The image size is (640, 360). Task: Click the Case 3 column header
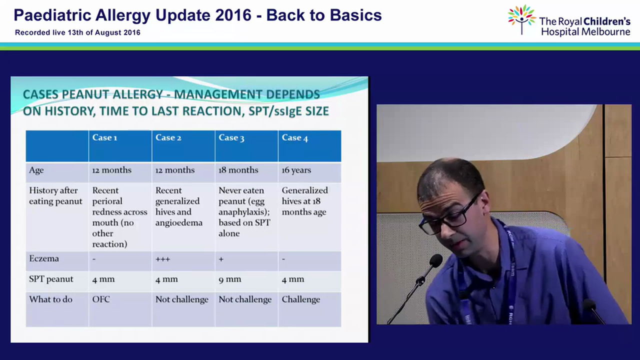click(231, 138)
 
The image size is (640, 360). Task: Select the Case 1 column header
click(104, 137)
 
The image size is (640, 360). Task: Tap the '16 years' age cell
click(296, 170)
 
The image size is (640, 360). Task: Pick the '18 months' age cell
click(238, 170)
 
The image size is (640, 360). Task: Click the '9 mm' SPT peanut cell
click(229, 279)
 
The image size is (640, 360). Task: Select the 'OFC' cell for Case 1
click(101, 299)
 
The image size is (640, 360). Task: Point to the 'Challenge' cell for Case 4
click(301, 299)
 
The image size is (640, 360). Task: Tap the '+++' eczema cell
click(162, 259)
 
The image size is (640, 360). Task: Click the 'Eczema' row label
click(44, 258)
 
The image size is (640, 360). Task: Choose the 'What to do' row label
click(50, 299)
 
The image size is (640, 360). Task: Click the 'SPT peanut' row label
click(51, 279)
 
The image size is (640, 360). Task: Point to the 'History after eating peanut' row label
click(55, 195)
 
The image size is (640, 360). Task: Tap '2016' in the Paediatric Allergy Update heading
click(233, 15)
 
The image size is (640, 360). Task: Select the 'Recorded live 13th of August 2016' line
click(77, 32)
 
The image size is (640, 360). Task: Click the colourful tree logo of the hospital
click(521, 19)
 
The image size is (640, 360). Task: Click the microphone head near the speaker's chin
click(435, 260)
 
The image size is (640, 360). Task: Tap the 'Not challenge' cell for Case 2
click(182, 299)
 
